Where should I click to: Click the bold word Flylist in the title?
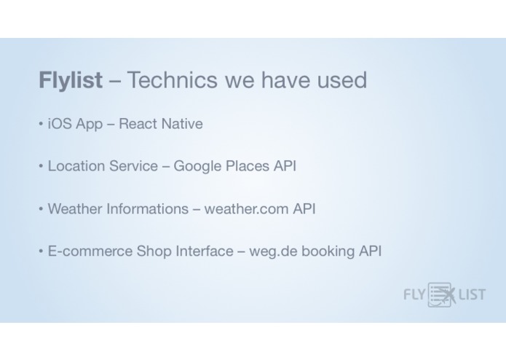[71, 80]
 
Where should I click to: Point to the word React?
[138, 124]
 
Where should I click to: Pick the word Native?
[182, 124]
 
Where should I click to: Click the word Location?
[75, 166]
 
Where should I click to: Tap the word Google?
[199, 166]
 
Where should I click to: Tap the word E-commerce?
[90, 251]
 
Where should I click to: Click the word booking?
[328, 251]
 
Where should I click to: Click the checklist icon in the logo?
[440, 294]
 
